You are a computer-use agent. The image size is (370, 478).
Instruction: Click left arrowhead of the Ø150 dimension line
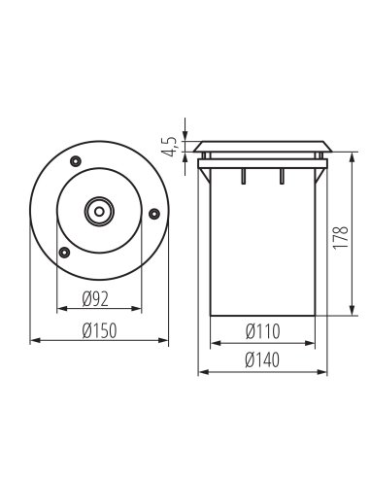coord(35,340)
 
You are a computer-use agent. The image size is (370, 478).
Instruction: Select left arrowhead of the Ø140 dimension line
coord(201,371)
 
